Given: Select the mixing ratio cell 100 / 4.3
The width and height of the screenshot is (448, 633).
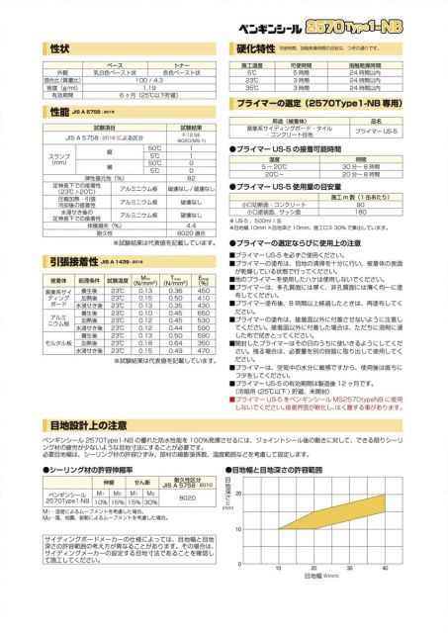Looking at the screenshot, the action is point(149,79).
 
